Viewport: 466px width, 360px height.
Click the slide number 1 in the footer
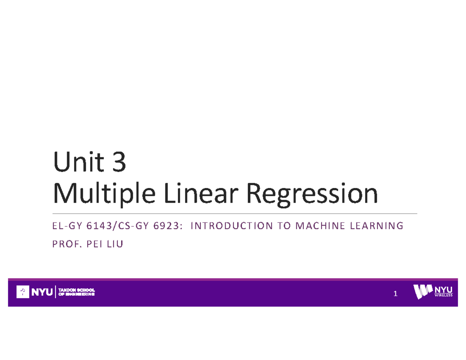coord(395,294)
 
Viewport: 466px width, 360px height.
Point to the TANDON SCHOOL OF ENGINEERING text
coord(76,292)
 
